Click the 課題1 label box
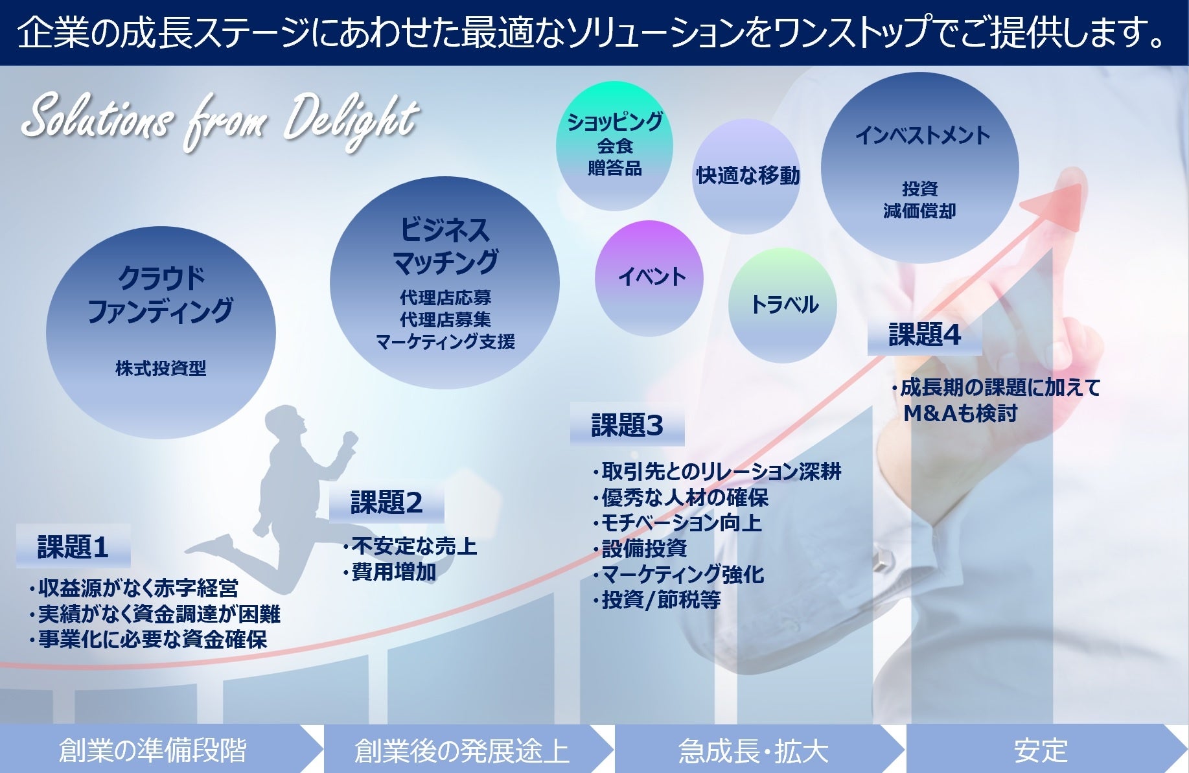click(x=73, y=547)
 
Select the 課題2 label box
click(x=387, y=502)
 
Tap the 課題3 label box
click(x=627, y=425)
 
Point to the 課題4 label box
click(x=925, y=335)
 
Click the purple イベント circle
click(x=650, y=278)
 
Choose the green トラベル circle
click(x=783, y=305)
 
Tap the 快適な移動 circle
click(x=747, y=176)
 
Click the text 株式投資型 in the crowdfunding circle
click(x=161, y=369)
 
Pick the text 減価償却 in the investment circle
click(x=919, y=211)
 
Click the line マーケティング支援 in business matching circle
click(x=445, y=342)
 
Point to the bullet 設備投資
click(x=644, y=549)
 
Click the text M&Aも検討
click(x=960, y=413)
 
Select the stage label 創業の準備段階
click(x=153, y=750)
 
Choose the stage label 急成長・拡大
click(x=753, y=751)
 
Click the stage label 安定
click(x=1041, y=751)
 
